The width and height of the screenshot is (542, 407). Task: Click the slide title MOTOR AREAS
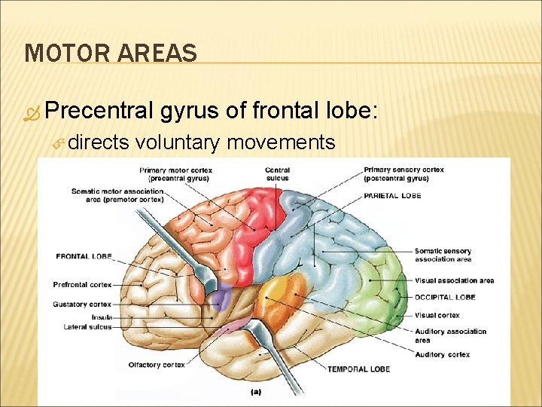tap(111, 53)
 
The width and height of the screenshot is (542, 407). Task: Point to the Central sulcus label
tap(277, 174)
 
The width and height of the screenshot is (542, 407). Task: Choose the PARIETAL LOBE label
tap(391, 196)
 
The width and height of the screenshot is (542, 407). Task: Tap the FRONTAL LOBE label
tap(84, 257)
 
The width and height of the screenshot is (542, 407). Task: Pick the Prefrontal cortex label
tap(82, 285)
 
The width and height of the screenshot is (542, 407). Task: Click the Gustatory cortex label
tap(82, 304)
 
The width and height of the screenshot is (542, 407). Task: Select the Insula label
tap(102, 317)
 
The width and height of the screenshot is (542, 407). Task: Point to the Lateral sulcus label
tap(89, 327)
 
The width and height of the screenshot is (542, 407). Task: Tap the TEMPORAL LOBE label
tap(358, 369)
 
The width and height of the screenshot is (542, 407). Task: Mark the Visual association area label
tap(454, 281)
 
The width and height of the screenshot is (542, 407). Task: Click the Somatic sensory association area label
tap(443, 255)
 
